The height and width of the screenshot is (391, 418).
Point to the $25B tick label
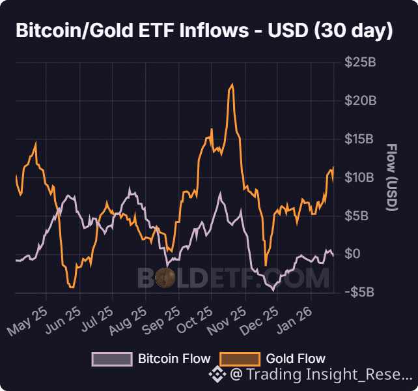(x=359, y=63)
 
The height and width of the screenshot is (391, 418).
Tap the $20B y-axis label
(x=359, y=101)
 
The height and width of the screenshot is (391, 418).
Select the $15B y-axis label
(x=359, y=139)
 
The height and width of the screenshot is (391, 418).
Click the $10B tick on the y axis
(x=359, y=177)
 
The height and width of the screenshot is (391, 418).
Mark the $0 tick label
(x=352, y=253)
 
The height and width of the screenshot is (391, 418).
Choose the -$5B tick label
(x=357, y=291)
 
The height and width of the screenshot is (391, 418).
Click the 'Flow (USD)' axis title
(x=392, y=177)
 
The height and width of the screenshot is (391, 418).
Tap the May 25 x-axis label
(x=27, y=321)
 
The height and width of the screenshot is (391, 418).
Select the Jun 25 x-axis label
(x=63, y=321)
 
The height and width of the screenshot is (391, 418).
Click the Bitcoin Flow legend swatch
(x=112, y=358)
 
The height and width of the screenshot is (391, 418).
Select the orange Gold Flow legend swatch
(x=240, y=358)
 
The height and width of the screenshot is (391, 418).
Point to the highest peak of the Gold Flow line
(x=232, y=85)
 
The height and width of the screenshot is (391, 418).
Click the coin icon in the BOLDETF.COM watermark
(x=167, y=278)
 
